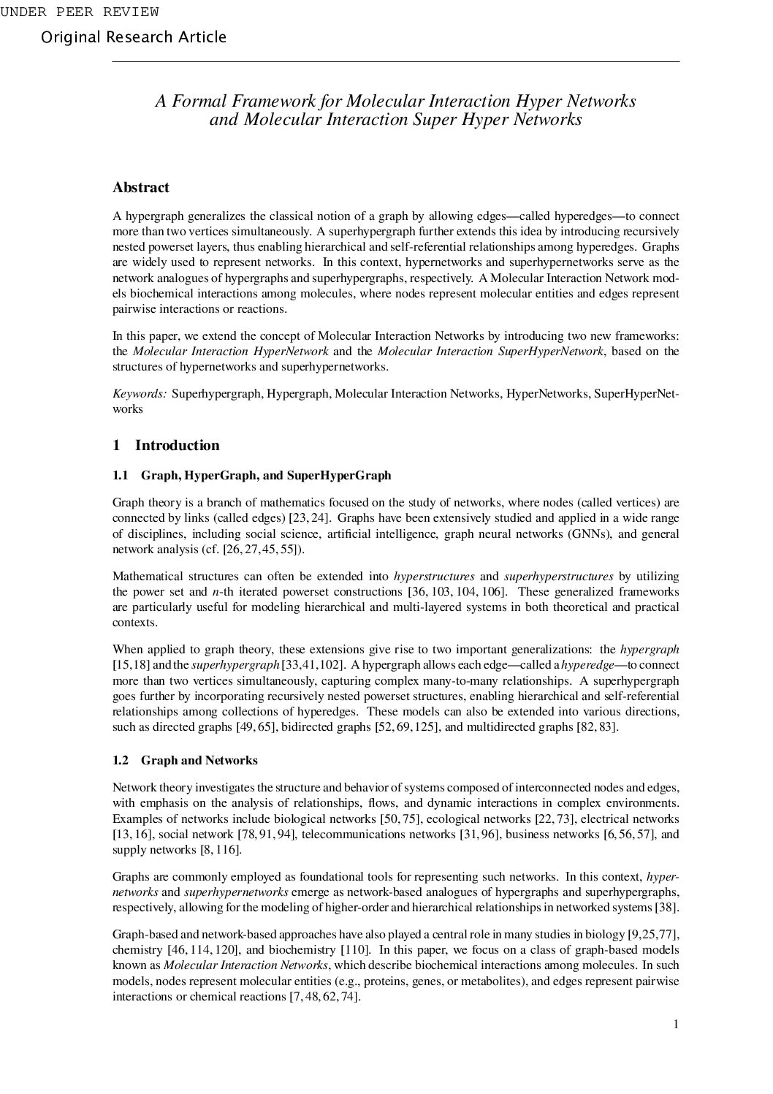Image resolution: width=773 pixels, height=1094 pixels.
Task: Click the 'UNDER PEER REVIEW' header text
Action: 79,12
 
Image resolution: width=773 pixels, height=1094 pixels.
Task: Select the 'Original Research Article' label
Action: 134,37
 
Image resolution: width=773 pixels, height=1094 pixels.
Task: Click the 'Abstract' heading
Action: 141,188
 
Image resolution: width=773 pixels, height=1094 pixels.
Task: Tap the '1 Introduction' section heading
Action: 166,446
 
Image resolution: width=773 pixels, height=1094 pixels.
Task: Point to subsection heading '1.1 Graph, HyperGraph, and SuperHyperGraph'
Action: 252,476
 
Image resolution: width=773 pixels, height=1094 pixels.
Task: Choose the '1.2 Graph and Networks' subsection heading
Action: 185,761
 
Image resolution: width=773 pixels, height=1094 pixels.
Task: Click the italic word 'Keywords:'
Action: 140,394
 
